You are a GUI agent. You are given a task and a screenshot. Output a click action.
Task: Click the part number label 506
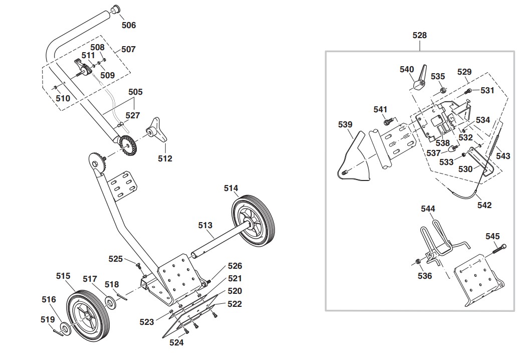click(129, 25)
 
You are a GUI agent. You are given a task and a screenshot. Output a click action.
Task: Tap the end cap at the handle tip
click(116, 9)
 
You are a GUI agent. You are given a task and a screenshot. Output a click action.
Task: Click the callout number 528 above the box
click(419, 35)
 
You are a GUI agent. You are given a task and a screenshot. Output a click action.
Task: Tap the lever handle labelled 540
click(419, 78)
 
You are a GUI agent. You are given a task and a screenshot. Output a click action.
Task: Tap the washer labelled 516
click(65, 327)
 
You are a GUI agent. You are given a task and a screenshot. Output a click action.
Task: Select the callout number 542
click(484, 205)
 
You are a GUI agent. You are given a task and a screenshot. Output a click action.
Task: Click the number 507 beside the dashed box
click(128, 50)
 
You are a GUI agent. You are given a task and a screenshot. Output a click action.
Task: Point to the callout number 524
click(176, 343)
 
